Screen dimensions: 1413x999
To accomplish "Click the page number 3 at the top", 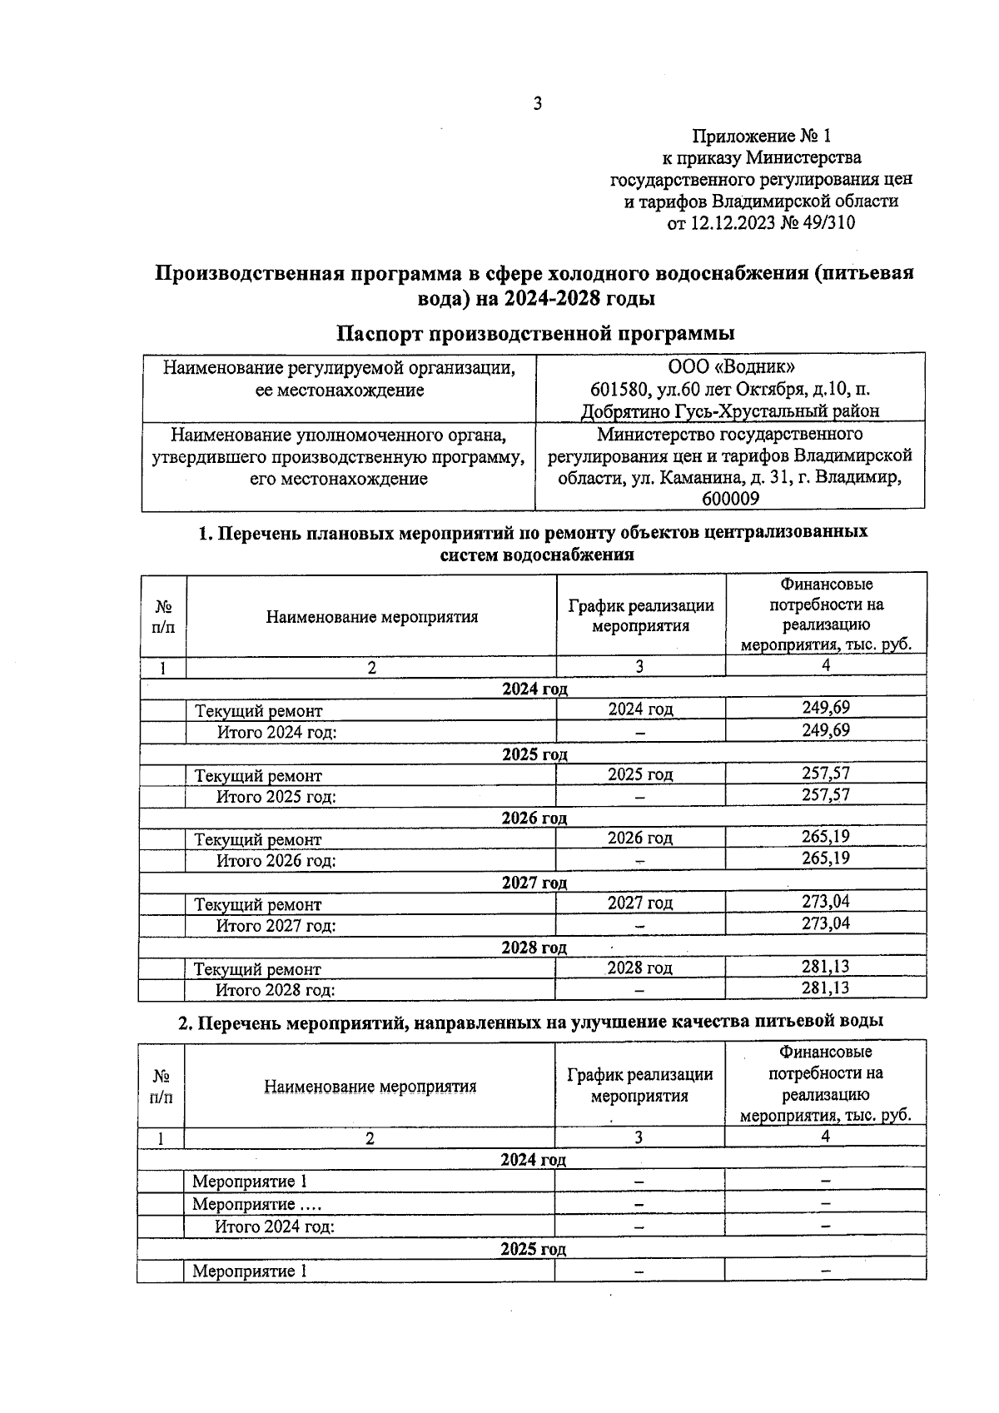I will pos(537,104).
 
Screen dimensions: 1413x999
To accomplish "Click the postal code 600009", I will pos(730,499).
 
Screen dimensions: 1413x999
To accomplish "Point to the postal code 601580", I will pos(617,389).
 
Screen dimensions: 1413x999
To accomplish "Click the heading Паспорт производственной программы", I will pos(534,334).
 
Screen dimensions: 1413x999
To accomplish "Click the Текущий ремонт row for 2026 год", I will pos(258,840).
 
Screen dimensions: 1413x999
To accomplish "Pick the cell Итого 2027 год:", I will pos(276,925).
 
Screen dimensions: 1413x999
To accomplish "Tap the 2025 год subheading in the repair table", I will pos(534,754).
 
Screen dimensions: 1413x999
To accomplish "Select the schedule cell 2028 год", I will pos(639,968).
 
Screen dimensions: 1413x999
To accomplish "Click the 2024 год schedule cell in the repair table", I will pos(640,709).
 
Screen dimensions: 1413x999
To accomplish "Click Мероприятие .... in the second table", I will pos(256,1204).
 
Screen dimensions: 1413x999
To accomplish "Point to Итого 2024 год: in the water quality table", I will pos(274,1226).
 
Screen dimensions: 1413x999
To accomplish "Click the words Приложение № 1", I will pos(762,136).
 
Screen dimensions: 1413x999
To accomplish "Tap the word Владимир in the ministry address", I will pos(866,478).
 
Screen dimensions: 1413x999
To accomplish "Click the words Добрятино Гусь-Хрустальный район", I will pos(730,410).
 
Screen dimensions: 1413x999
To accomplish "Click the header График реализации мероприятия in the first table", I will pos(641,616).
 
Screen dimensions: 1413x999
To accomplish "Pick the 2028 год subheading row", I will pos(534,948).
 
